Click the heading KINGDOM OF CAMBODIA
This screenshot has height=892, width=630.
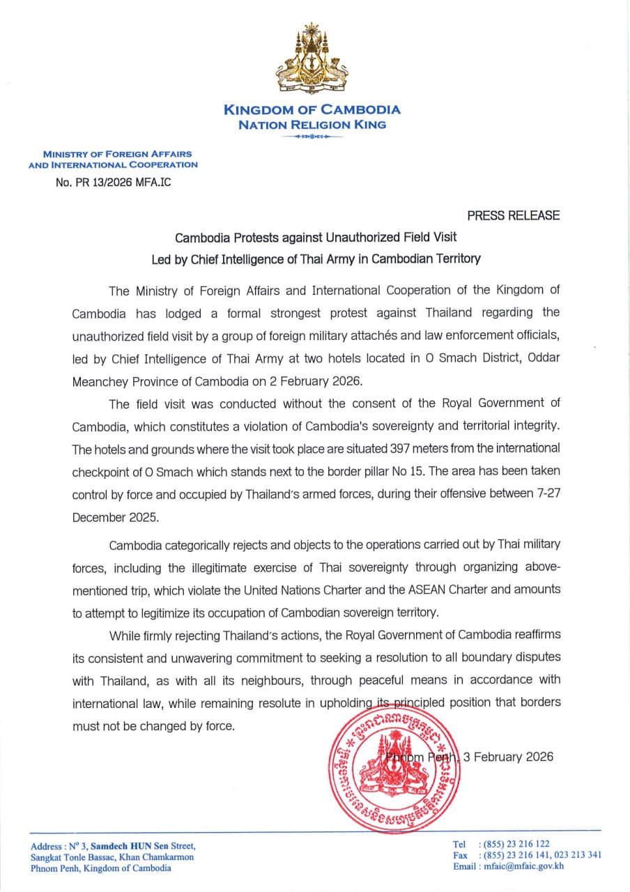312,109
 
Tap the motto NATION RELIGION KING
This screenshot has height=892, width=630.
312,125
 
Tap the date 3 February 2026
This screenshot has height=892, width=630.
508,757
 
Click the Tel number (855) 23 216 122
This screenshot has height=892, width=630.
514,844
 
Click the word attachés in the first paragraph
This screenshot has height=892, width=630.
376,336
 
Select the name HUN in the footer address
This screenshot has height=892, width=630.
139,846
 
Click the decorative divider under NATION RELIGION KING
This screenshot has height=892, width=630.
312,137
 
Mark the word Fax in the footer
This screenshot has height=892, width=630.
461,855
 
